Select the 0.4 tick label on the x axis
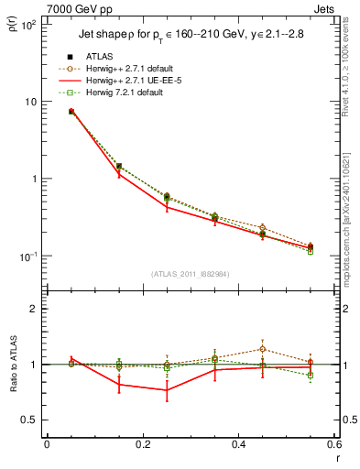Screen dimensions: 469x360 tap(238, 446)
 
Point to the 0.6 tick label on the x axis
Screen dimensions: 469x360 tap(334, 446)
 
